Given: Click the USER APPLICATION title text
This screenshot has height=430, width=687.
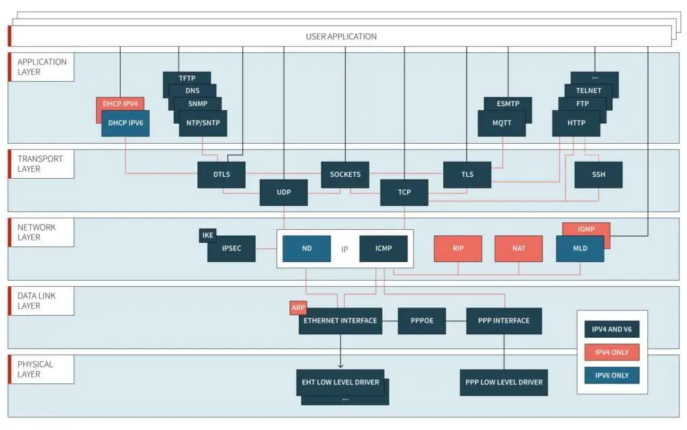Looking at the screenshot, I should point(341,36).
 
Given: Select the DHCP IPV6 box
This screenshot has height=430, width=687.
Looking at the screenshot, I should point(125,123).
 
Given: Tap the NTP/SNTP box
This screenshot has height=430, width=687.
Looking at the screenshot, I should point(203,123).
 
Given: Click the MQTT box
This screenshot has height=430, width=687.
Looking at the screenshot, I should point(502,123).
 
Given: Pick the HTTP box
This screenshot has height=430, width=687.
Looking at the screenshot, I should point(576,123).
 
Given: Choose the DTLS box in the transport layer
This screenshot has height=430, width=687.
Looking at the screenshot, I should point(221,175).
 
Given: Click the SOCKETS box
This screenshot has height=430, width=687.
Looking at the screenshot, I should point(345,175).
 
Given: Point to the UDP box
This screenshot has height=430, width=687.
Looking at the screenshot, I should point(283,193).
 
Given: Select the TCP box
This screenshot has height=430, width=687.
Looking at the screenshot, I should point(404,193).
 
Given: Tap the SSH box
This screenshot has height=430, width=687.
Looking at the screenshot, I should point(598,175).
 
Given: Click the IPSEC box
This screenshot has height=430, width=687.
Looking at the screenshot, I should point(232,248).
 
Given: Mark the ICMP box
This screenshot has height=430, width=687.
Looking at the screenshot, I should point(383,248).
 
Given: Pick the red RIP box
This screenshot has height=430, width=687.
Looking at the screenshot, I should point(458,248).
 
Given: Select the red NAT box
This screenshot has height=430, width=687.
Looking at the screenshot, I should point(519,248).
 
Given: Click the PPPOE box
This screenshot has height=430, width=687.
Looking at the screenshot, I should point(422,321).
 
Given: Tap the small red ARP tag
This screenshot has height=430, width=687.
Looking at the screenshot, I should point(298,308).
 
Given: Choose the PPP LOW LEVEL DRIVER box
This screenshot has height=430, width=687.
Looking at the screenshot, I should point(504,383).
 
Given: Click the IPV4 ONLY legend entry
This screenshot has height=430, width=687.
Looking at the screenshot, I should point(611,352).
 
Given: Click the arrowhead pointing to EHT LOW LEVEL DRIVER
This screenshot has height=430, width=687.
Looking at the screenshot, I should point(341,366).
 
